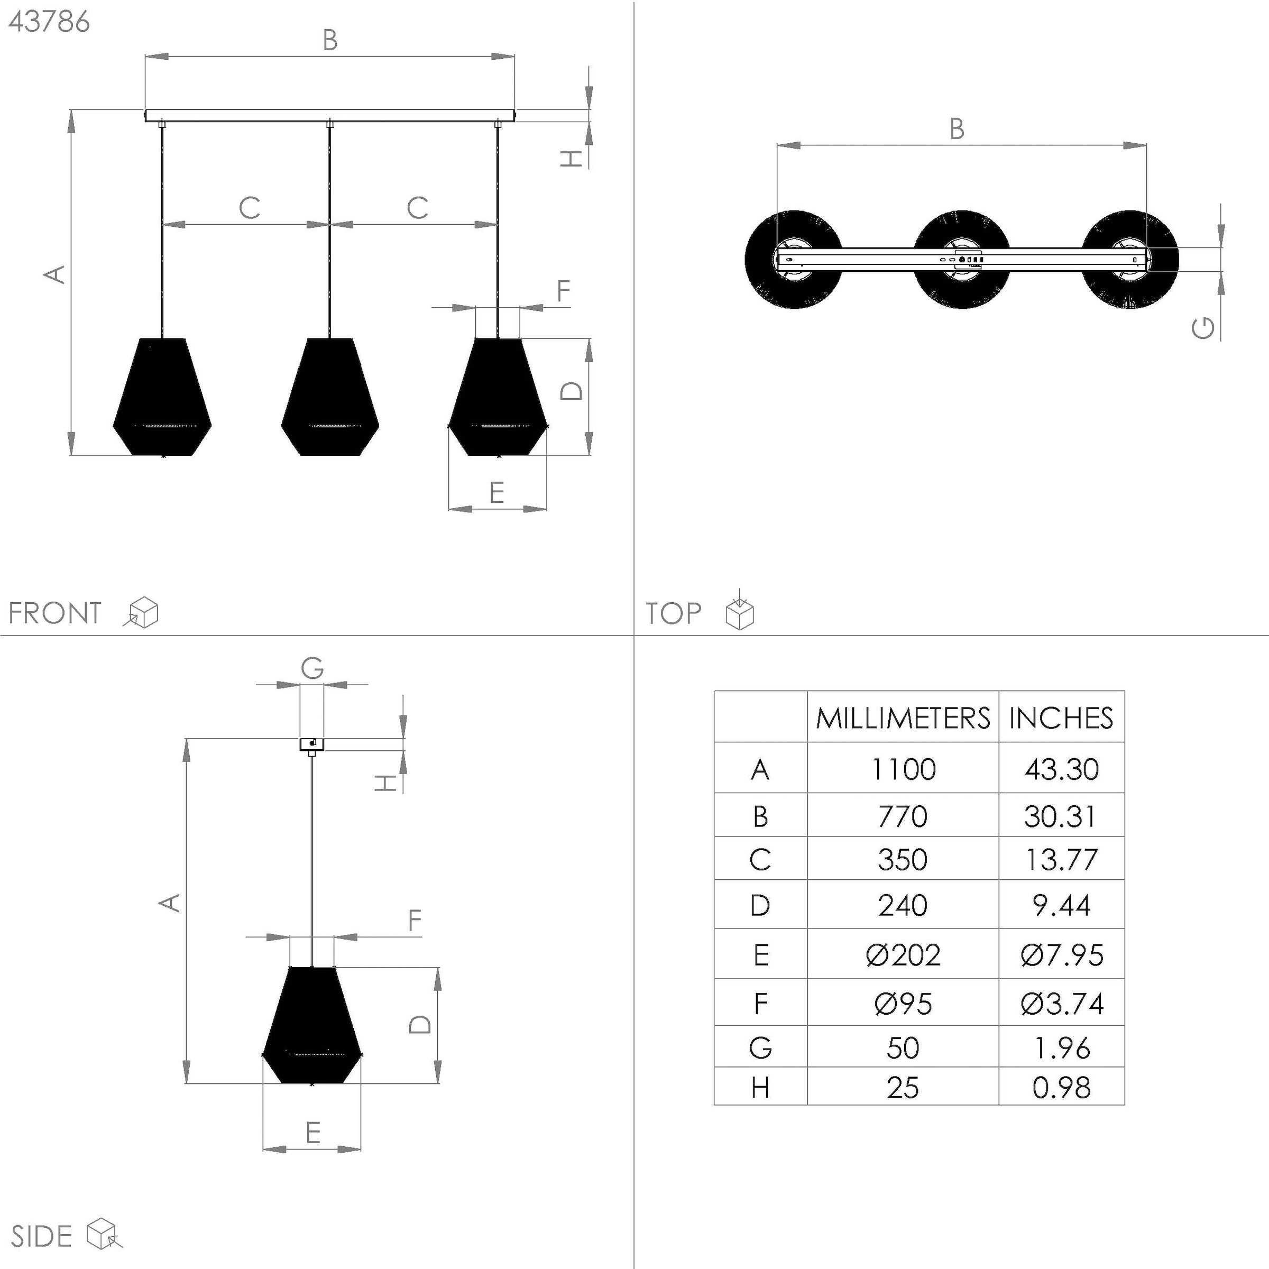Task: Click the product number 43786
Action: pos(49,22)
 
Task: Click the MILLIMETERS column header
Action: pos(903,718)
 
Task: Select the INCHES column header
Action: pos(1061,718)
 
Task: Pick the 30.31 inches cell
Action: pos(1061,816)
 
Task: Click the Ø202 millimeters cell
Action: pos(903,954)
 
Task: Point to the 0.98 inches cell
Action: pos(1061,1088)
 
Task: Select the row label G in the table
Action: pos(760,1047)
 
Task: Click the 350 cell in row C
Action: pos(903,859)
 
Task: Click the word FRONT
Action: pos(55,613)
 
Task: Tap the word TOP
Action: pos(673,613)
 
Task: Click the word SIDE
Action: pos(41,1236)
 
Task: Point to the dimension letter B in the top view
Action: pos(957,128)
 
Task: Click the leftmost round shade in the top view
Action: pos(794,260)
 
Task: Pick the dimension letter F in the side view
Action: pos(414,920)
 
